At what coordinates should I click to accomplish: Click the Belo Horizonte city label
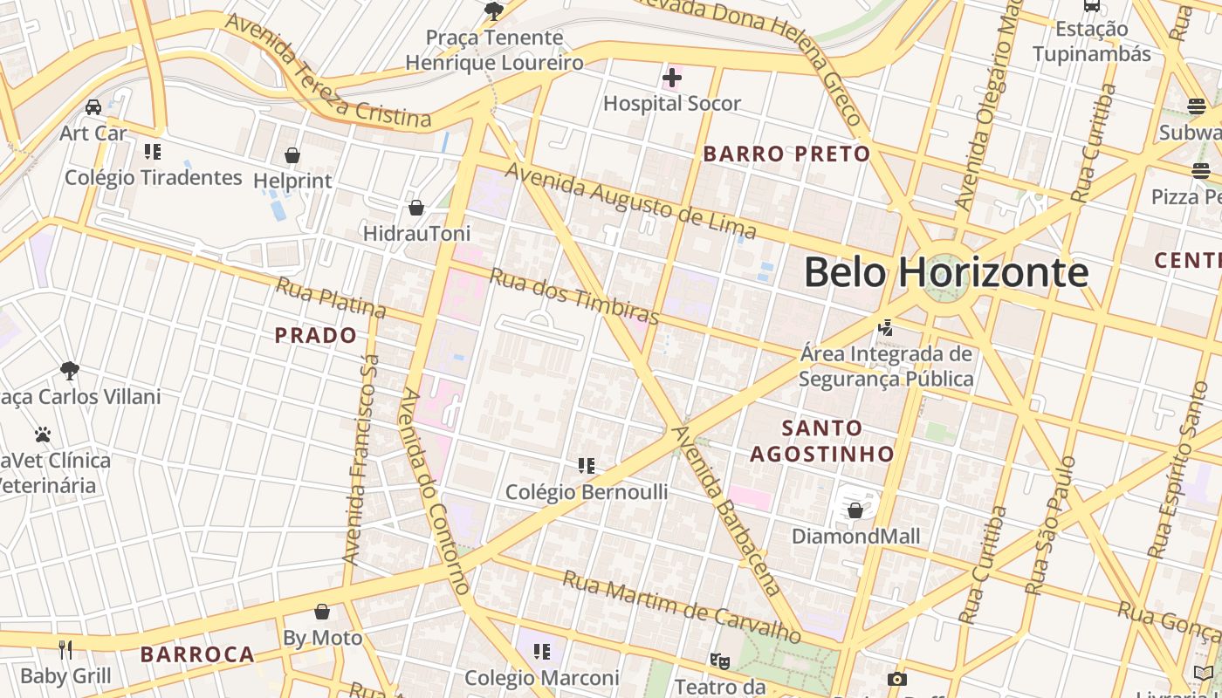(x=946, y=272)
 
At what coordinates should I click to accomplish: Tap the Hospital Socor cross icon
(x=672, y=78)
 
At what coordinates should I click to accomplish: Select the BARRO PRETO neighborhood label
(x=786, y=154)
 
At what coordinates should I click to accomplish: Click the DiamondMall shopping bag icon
(x=855, y=510)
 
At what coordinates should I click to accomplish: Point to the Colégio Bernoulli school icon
(x=587, y=466)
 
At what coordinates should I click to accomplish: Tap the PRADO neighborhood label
(x=316, y=335)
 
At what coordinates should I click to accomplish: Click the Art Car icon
(x=93, y=107)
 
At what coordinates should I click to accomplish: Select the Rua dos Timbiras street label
(x=573, y=296)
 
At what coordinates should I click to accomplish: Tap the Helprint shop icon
(x=292, y=155)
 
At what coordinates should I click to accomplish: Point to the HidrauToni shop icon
(x=416, y=208)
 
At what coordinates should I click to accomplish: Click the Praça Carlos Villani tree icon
(x=70, y=371)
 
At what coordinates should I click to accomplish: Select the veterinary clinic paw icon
(x=43, y=435)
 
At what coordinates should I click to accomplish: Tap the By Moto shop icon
(x=322, y=612)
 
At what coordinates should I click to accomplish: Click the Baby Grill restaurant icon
(x=65, y=649)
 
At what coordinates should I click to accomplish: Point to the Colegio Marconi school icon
(x=542, y=651)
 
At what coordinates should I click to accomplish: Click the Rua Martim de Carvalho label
(x=681, y=607)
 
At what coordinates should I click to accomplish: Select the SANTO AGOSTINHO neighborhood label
(x=821, y=441)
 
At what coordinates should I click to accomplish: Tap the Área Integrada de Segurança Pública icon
(x=886, y=328)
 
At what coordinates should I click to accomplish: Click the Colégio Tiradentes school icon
(x=153, y=152)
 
